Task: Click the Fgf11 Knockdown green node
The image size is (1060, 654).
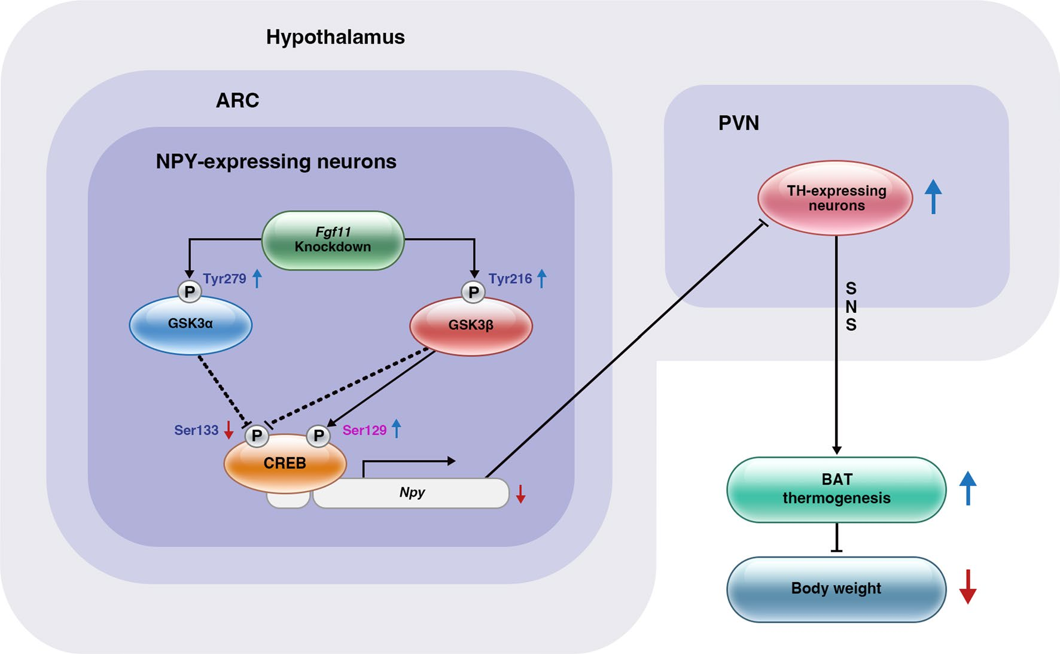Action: [x=333, y=240]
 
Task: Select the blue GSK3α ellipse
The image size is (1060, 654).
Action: [x=190, y=325]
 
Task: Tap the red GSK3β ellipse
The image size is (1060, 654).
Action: [x=471, y=326]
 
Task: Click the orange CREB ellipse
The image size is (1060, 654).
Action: [x=285, y=464]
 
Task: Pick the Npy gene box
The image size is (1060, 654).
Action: [x=412, y=493]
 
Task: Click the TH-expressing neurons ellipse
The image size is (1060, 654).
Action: [x=836, y=198]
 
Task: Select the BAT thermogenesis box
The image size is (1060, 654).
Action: [x=836, y=489]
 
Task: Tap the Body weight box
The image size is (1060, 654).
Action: [x=836, y=589]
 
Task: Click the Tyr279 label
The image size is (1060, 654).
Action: [x=224, y=279]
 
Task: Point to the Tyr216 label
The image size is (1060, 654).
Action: [x=510, y=279]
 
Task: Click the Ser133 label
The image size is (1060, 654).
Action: [x=196, y=430]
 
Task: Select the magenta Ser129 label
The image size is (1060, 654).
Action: [x=364, y=430]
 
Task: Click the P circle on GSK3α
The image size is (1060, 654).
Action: [x=190, y=292]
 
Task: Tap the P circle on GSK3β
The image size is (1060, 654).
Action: [x=474, y=293]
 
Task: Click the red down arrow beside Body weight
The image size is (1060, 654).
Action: [x=968, y=587]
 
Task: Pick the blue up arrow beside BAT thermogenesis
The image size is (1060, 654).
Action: [x=968, y=488]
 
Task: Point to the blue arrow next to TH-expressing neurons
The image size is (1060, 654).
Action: [x=933, y=196]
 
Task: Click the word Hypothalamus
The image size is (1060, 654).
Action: [x=335, y=37]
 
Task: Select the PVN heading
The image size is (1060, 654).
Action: [x=739, y=123]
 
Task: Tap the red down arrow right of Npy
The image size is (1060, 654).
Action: [x=520, y=494]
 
